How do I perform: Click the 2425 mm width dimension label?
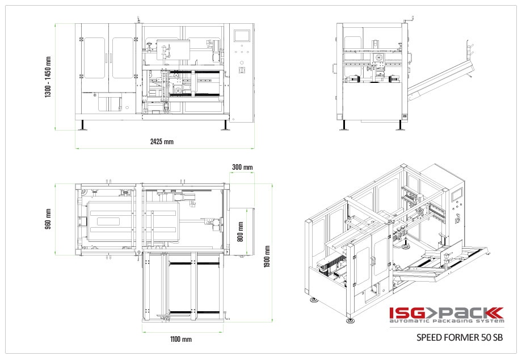click(162, 141)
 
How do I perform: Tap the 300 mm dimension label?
click(242, 167)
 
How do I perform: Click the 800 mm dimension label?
click(241, 232)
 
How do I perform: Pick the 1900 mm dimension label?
click(267, 257)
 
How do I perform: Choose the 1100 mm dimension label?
click(181, 340)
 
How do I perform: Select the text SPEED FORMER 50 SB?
click(460, 337)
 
